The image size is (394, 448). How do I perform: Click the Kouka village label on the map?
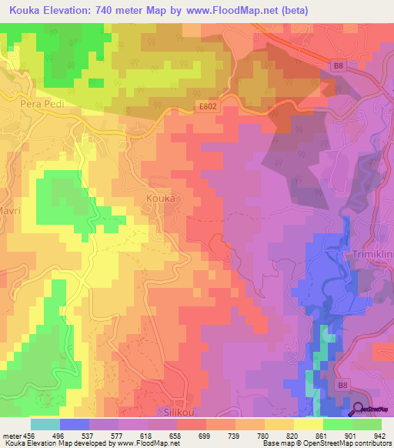point(160,198)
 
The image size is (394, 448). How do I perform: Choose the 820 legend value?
point(292,435)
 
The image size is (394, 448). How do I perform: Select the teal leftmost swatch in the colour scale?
point(45,424)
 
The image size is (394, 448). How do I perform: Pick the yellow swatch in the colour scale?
point(308,424)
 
